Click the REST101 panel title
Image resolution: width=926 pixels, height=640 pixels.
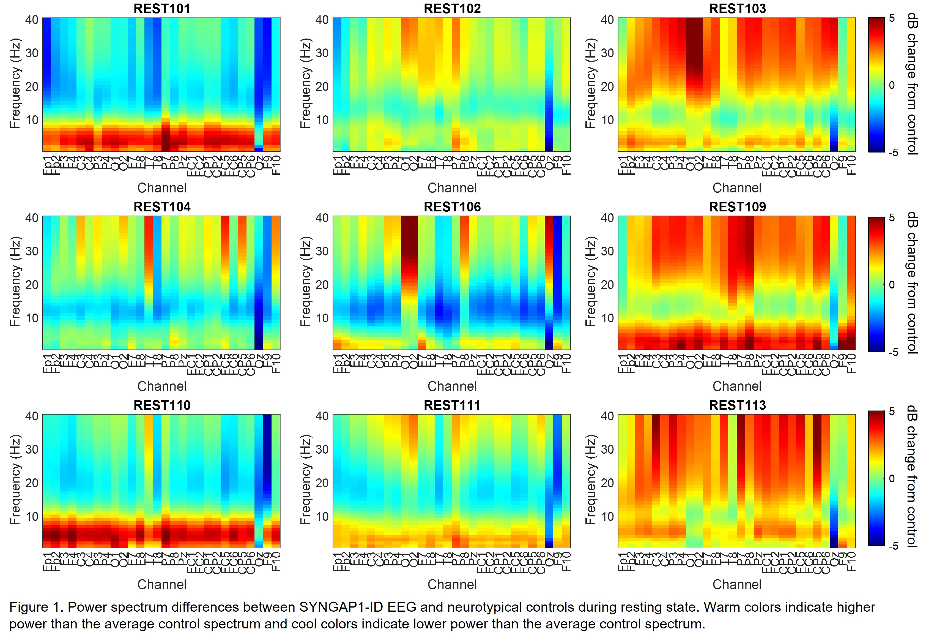[x=161, y=9]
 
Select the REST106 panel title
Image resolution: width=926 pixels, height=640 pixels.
[x=452, y=207]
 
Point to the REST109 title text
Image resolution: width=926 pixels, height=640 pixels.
[x=737, y=207]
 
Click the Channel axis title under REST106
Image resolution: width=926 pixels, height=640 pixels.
[x=452, y=386]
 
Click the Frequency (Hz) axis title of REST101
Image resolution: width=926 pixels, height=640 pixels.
[x=15, y=84]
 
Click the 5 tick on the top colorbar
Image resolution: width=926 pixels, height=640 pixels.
[x=892, y=18]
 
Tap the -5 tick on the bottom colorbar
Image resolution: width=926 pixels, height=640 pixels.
[x=893, y=546]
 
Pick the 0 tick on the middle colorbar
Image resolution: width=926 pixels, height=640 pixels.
[x=892, y=285]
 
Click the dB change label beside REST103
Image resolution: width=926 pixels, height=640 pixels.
[x=912, y=84]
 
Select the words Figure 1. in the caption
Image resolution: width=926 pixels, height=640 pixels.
[x=36, y=607]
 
